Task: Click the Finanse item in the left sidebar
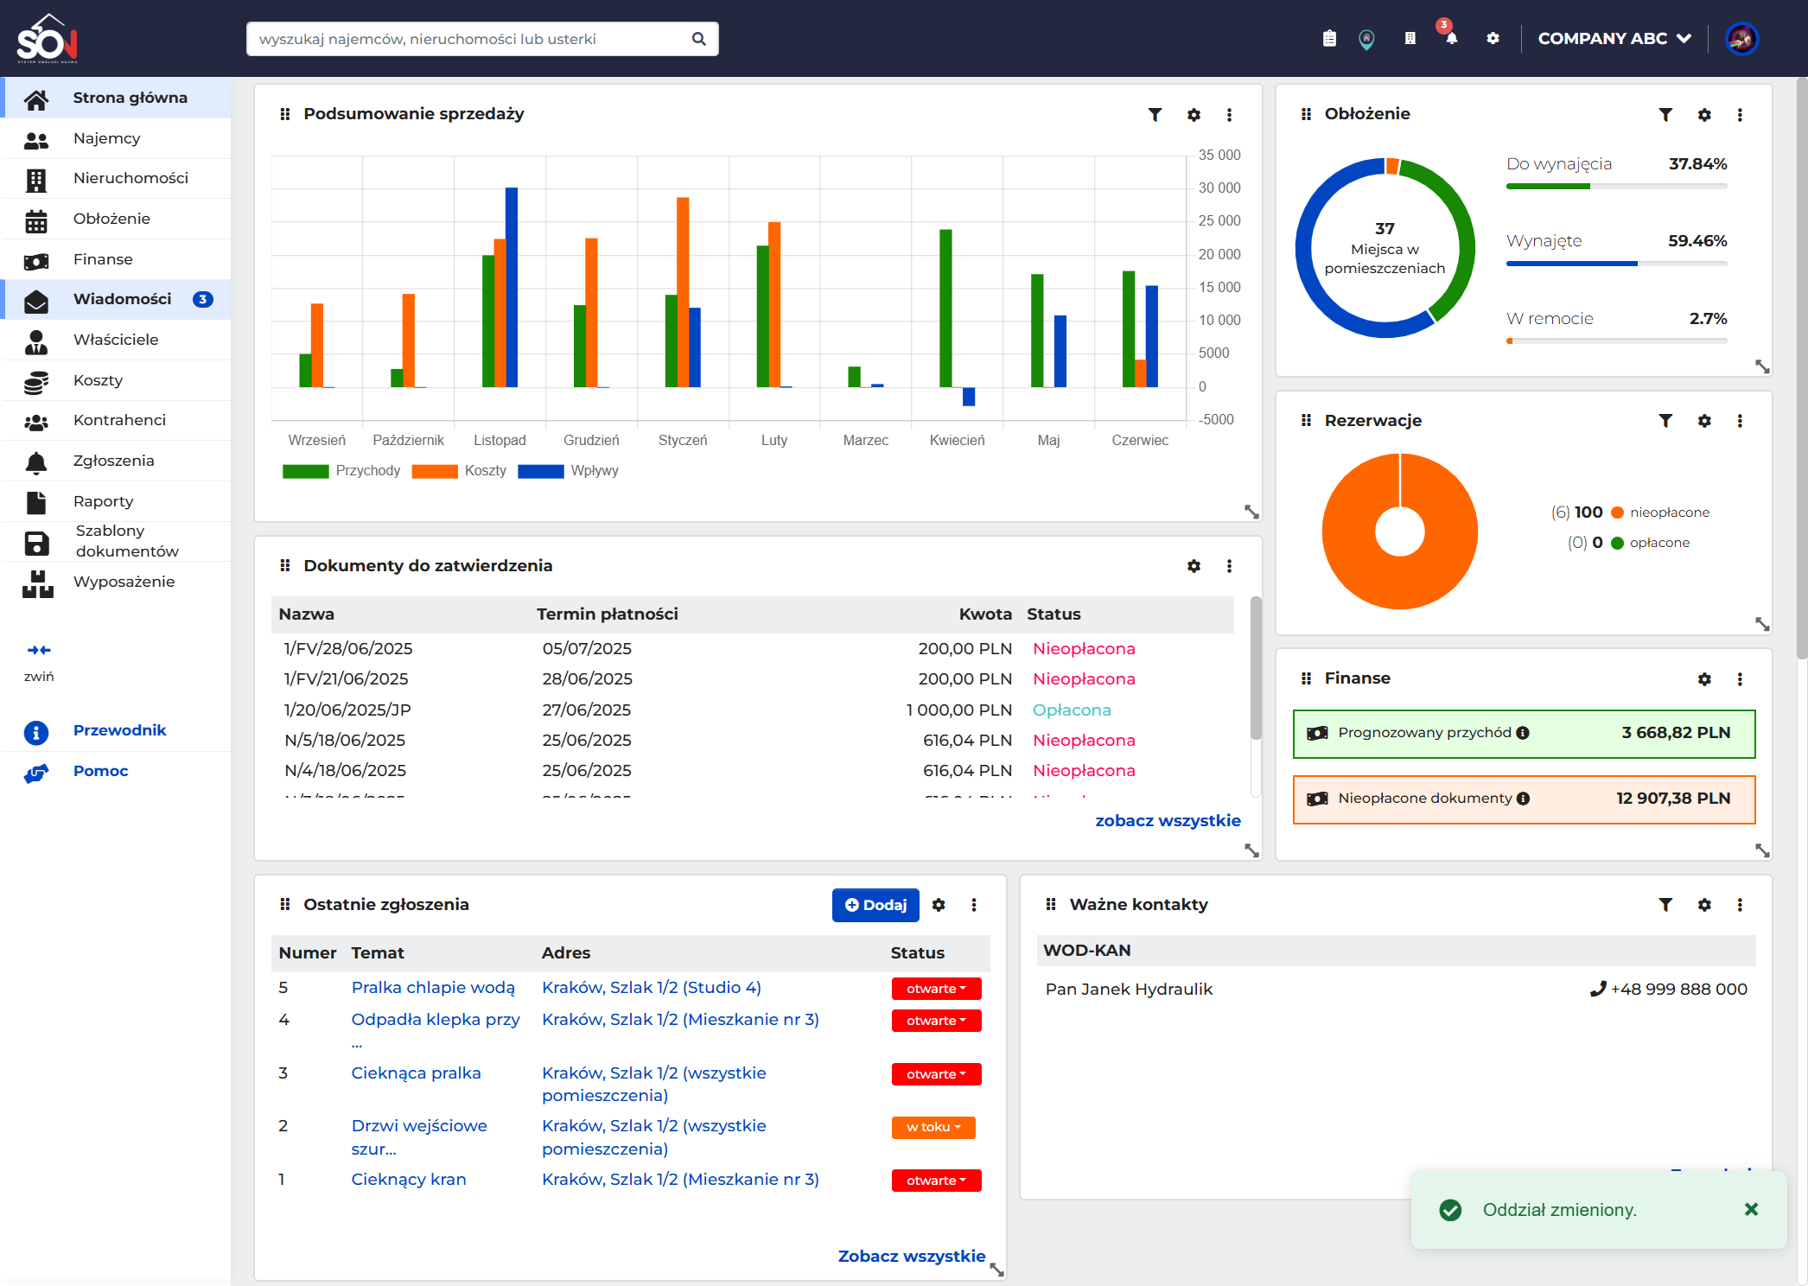click(103, 259)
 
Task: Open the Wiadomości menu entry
click(123, 299)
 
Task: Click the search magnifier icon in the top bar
click(699, 39)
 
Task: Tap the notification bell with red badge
click(1451, 38)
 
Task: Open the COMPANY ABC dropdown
click(1614, 39)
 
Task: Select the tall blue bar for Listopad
click(512, 287)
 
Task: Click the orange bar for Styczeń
click(683, 292)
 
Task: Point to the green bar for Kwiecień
click(945, 308)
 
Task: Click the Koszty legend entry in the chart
click(485, 471)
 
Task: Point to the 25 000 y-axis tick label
click(1219, 221)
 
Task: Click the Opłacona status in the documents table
click(1072, 710)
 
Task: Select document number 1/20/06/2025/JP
click(347, 710)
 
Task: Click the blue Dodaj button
click(875, 905)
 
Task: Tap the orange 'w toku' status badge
click(933, 1127)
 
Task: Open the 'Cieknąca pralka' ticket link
click(416, 1073)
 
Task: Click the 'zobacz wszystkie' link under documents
click(1168, 821)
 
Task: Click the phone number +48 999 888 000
click(1678, 990)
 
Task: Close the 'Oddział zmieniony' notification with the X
click(1751, 1210)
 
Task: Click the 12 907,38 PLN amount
click(1673, 799)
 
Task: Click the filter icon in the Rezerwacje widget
click(1665, 421)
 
